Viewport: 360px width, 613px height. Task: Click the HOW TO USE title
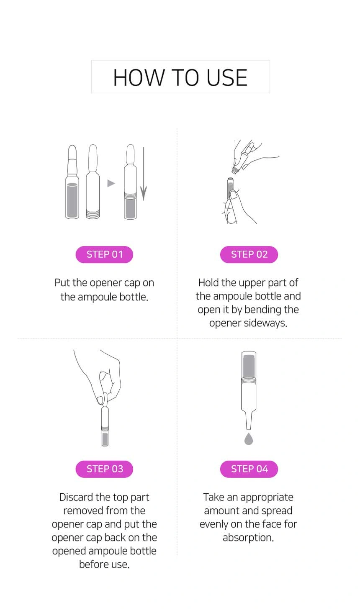[180, 77]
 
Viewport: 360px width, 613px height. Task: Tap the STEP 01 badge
[104, 254]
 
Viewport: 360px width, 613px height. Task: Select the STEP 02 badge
[249, 254]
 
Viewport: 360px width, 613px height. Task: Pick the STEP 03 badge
[104, 469]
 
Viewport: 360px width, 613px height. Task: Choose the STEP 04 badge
[249, 469]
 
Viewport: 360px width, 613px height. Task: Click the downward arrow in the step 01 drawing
[144, 174]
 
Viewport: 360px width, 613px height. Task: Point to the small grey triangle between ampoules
[111, 183]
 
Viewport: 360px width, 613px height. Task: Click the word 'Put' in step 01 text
[62, 283]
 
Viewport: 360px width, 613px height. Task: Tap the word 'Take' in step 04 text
[213, 497]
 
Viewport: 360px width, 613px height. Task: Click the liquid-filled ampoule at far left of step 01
[72, 182]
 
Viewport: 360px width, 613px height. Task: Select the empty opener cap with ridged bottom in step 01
[93, 182]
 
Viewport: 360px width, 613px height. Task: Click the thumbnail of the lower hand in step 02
[234, 195]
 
